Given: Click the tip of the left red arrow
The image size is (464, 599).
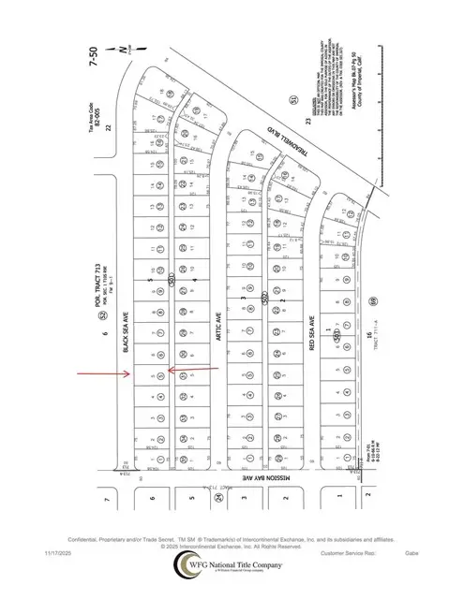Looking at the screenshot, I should tap(131, 376).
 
